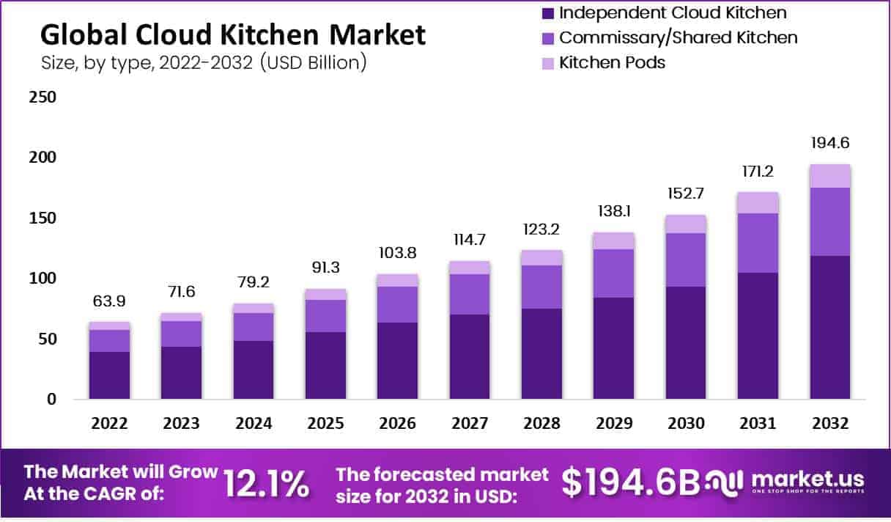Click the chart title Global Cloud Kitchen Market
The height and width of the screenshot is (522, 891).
tap(232, 34)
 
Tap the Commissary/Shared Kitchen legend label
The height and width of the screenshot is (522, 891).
tap(678, 37)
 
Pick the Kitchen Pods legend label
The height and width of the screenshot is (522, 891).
tap(612, 62)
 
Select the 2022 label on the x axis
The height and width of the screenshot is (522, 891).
tap(109, 424)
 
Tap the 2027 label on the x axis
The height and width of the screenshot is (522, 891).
tap(470, 424)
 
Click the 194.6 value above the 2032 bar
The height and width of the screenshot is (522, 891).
tap(830, 143)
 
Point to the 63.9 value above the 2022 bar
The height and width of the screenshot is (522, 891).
tap(109, 301)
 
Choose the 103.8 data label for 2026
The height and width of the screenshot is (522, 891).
tap(398, 252)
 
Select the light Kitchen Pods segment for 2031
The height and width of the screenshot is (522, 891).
tap(758, 202)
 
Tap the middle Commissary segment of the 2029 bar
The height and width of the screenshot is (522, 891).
tap(614, 273)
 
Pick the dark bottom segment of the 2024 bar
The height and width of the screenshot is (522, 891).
tap(254, 370)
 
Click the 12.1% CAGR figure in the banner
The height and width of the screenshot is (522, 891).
tap(265, 484)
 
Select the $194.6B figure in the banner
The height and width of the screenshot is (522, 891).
tap(630, 482)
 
